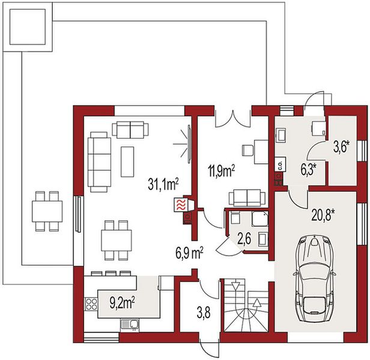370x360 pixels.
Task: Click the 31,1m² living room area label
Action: coord(163,184)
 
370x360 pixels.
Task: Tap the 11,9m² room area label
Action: coord(221,170)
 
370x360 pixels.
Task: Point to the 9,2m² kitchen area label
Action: coord(123,303)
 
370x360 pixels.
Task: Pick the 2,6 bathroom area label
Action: coord(244,239)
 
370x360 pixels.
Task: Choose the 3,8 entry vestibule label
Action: coord(204,313)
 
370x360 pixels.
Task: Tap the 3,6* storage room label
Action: coord(341,148)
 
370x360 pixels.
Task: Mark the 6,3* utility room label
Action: coord(308,170)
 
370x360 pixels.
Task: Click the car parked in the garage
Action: coord(314,278)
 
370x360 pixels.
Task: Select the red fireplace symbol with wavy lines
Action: coord(180,205)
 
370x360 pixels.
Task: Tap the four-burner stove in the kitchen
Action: coord(91,304)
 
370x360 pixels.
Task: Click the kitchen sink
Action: coord(130,325)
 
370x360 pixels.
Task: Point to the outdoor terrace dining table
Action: coord(47,211)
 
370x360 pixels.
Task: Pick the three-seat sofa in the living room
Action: coord(99,162)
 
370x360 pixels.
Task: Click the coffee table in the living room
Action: coord(127,161)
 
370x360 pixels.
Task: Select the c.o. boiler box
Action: coord(281,164)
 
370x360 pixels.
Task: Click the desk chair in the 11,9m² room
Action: coord(247,151)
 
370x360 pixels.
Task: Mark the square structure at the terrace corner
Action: coord(28,27)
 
